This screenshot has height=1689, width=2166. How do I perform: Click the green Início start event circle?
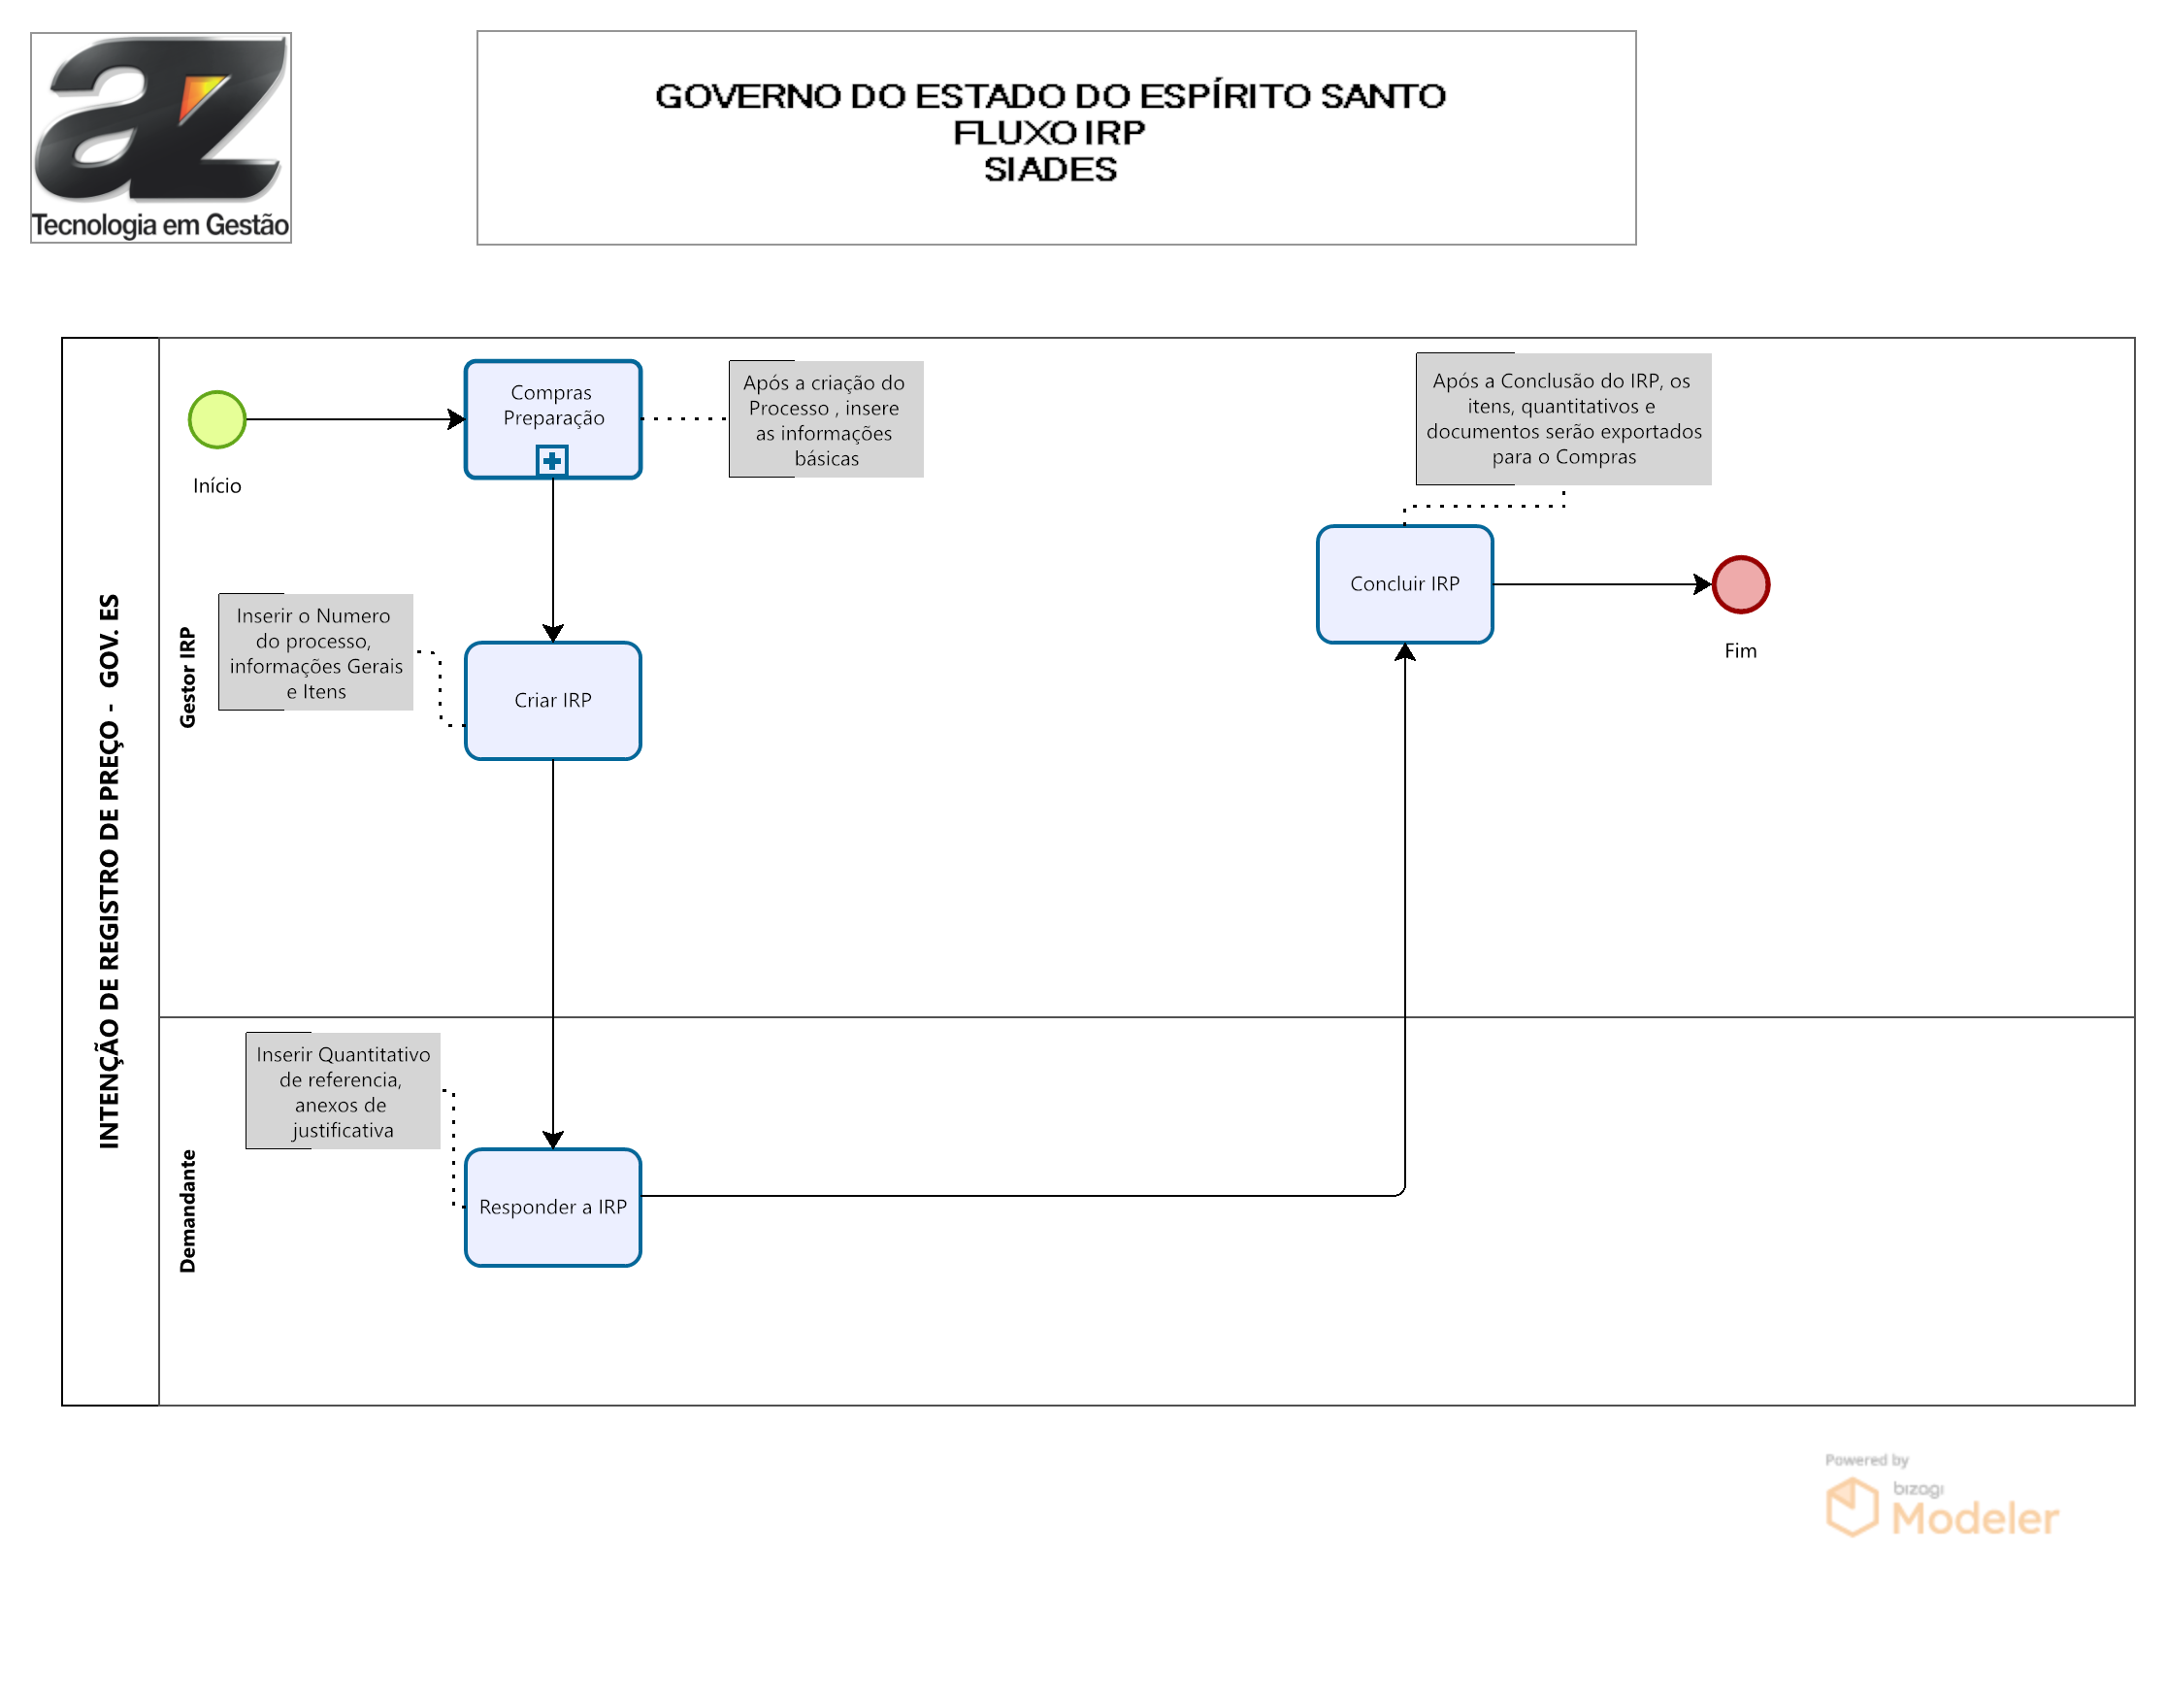point(217,419)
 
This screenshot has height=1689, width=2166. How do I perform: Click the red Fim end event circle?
point(1741,584)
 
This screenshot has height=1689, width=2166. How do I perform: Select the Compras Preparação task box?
point(553,419)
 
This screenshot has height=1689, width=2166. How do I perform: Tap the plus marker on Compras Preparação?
point(552,460)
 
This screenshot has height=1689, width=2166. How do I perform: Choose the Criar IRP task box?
point(553,701)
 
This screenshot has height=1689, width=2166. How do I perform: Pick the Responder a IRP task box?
point(553,1207)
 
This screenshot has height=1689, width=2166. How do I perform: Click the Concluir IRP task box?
point(1405,584)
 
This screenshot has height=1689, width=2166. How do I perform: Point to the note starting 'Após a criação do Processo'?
point(826,419)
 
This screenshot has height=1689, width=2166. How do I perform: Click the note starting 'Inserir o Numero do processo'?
point(316,652)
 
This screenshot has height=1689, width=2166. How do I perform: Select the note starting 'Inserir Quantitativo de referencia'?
point(344,1091)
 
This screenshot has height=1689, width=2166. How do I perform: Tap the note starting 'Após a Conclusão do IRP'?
point(1564,418)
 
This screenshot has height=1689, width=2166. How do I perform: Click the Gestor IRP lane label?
point(187,678)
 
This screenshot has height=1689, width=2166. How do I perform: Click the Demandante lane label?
point(187,1211)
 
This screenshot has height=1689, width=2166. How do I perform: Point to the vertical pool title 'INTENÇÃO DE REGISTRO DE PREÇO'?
point(109,872)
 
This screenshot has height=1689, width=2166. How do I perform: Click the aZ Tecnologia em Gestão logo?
point(161,138)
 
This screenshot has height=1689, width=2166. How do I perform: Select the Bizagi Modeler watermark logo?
point(1942,1498)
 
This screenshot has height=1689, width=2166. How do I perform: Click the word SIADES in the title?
point(1050,170)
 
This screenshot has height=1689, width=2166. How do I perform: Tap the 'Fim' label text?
point(1741,650)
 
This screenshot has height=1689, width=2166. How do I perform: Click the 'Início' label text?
point(217,486)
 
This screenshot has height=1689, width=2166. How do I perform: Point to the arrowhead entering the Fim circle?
point(1703,584)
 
